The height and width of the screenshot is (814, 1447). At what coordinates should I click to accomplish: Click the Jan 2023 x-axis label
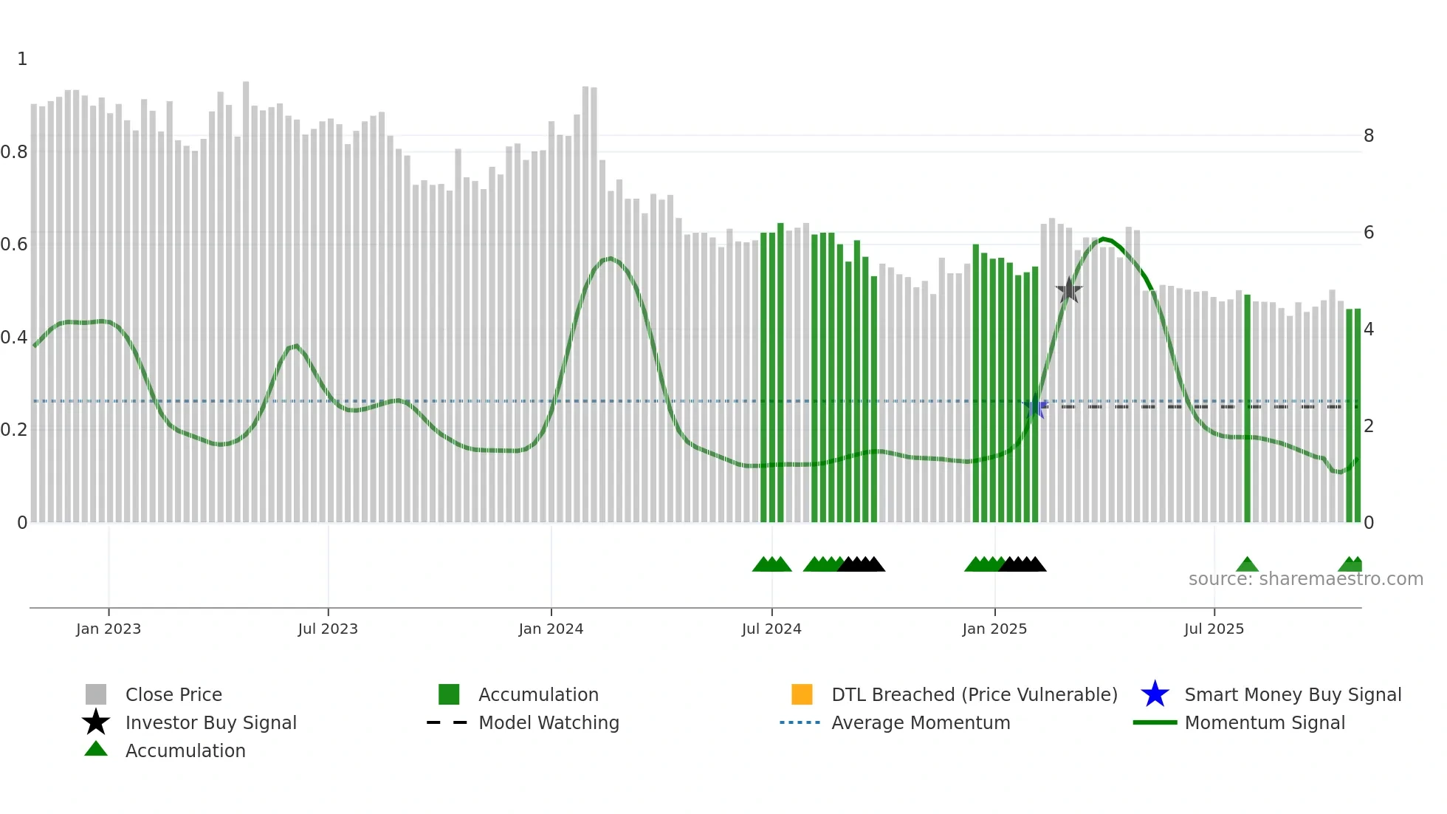pyautogui.click(x=109, y=629)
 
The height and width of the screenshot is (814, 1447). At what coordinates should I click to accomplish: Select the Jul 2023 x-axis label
pyautogui.click(x=328, y=629)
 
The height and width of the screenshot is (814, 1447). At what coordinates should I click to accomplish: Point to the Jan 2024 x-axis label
pyautogui.click(x=551, y=629)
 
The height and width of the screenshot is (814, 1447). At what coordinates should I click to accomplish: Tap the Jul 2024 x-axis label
pyautogui.click(x=771, y=629)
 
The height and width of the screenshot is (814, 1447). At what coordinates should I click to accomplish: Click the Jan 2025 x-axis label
pyautogui.click(x=994, y=629)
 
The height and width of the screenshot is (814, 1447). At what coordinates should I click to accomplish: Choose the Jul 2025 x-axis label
pyautogui.click(x=1214, y=629)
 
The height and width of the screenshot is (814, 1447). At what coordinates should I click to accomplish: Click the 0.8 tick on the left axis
pyautogui.click(x=14, y=152)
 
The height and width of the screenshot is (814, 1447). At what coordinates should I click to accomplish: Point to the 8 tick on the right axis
pyautogui.click(x=1369, y=136)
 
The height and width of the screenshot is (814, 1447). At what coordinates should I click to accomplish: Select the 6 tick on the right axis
pyautogui.click(x=1369, y=233)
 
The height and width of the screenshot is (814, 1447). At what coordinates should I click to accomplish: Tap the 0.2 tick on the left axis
pyautogui.click(x=14, y=430)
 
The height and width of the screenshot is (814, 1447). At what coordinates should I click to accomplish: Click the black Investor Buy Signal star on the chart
pyautogui.click(x=1068, y=290)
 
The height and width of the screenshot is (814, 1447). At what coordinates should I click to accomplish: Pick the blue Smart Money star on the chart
pyautogui.click(x=1035, y=407)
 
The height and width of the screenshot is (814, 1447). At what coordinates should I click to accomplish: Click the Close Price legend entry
pyautogui.click(x=173, y=695)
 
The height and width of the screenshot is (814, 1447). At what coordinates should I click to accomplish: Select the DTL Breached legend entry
pyautogui.click(x=974, y=695)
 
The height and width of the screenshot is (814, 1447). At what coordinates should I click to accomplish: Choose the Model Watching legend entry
pyautogui.click(x=549, y=723)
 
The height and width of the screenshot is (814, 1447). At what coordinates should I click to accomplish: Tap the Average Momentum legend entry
pyautogui.click(x=921, y=723)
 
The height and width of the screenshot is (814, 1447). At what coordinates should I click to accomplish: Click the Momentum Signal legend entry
pyautogui.click(x=1265, y=723)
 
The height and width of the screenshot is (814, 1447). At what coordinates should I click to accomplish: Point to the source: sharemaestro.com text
pyautogui.click(x=1305, y=579)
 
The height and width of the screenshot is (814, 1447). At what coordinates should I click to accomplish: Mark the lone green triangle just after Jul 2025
pyautogui.click(x=1247, y=565)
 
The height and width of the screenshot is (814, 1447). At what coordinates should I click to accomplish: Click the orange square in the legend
pyautogui.click(x=802, y=694)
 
